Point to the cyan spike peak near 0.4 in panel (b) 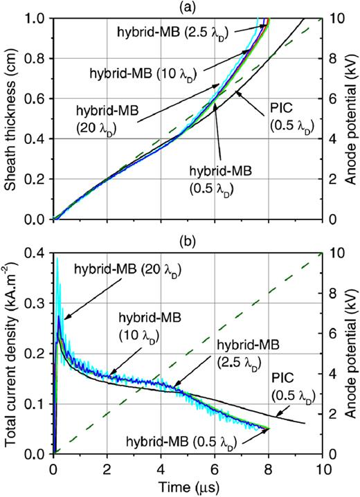pos(57,259)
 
